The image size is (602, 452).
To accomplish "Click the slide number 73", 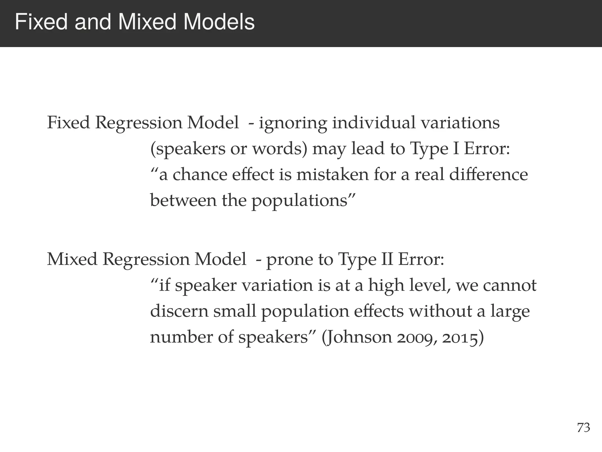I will point(583,428).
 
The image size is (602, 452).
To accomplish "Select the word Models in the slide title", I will point(219,22).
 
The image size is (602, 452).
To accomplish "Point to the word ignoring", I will point(293,123).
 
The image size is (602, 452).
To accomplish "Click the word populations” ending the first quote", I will point(303,201).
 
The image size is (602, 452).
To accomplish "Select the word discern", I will point(179,311).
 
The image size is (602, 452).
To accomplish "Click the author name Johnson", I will point(357,337).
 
